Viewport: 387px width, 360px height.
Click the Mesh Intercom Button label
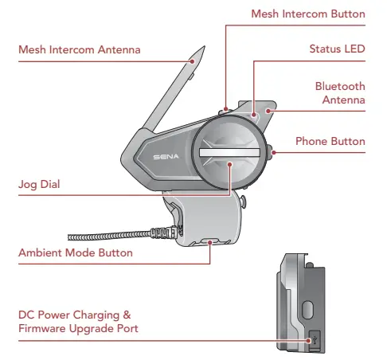(307, 14)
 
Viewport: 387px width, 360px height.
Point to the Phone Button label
(330, 141)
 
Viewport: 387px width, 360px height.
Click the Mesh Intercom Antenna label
(79, 49)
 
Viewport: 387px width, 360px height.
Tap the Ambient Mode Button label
(75, 252)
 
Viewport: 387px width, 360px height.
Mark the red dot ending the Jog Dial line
(230, 164)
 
